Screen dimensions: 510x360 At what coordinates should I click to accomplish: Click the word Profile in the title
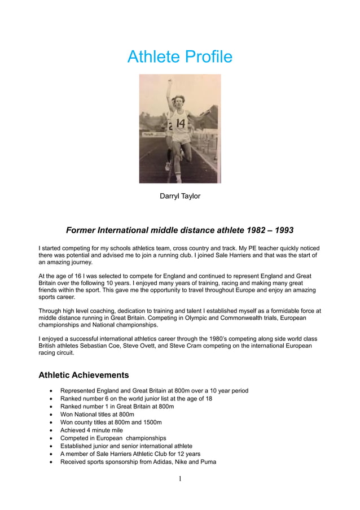(207, 57)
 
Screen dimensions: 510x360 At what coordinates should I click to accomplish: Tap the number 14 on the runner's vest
(181, 122)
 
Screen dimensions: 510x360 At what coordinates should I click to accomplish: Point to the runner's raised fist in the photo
(169, 82)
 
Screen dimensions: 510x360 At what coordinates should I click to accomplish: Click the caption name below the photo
(180, 197)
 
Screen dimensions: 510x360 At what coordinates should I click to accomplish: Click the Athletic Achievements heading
(84, 375)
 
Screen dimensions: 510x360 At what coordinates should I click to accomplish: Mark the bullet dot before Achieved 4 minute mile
(52, 430)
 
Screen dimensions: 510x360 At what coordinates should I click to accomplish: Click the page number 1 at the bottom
(180, 479)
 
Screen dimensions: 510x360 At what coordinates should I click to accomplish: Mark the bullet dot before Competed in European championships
(52, 438)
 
